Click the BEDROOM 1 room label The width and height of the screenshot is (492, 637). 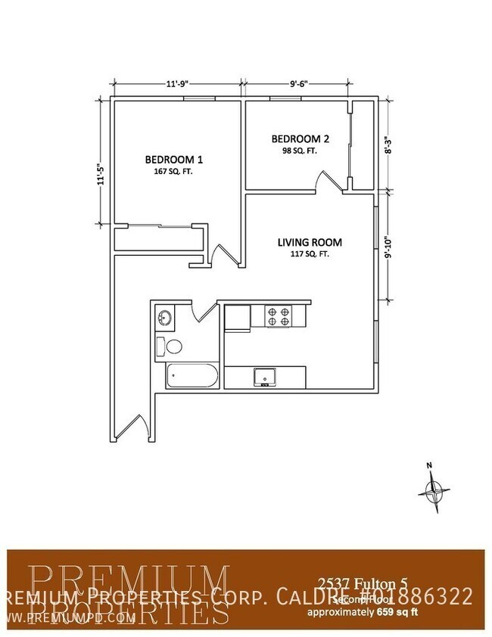pos(173,160)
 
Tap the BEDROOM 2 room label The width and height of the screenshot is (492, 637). pos(300,138)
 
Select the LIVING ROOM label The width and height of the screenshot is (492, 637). pos(310,243)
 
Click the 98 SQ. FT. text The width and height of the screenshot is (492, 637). pos(300,151)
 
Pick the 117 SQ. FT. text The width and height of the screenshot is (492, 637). pos(309,255)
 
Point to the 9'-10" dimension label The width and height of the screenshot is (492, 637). pos(388,248)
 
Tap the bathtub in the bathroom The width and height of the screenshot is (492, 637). pos(192,376)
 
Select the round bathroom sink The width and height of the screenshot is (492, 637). pos(164,318)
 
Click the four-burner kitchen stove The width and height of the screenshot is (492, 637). pos(278,315)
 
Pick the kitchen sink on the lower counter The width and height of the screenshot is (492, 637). pos(265,376)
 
